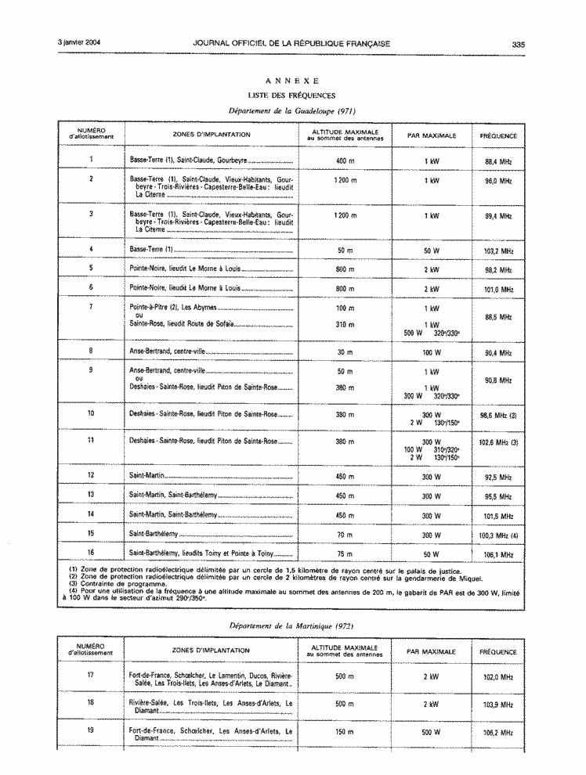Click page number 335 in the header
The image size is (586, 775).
point(518,44)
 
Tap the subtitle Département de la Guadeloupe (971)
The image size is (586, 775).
point(291,111)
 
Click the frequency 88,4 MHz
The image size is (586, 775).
point(497,161)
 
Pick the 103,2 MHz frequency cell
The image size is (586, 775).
point(497,251)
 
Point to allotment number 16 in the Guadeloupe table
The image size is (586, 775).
point(91,553)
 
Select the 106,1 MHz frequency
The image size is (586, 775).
point(497,554)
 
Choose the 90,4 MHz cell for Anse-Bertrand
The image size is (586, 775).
point(497,353)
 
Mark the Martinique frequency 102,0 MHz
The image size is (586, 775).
point(497,676)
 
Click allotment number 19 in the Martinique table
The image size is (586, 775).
point(91,730)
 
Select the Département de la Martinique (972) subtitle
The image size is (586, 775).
point(291,626)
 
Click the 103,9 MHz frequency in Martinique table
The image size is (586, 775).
point(497,705)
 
